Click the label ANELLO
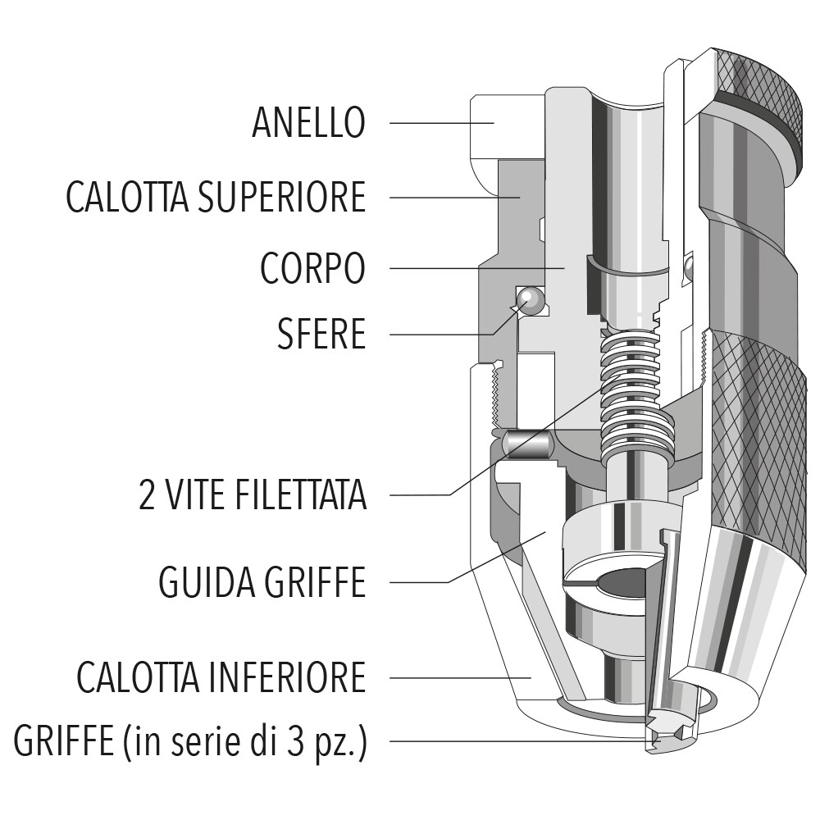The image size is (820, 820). pyautogui.click(x=308, y=123)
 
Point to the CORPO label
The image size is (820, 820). pyautogui.click(x=312, y=268)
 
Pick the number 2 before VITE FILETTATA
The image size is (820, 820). pyautogui.click(x=148, y=495)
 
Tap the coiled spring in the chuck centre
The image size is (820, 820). pyautogui.click(x=630, y=394)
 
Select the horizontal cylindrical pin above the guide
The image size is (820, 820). pyautogui.click(x=526, y=444)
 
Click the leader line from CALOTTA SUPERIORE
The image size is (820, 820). pyautogui.click(x=443, y=197)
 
